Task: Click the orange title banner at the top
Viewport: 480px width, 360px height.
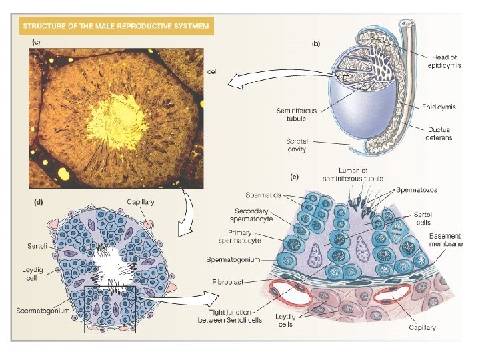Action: point(116,27)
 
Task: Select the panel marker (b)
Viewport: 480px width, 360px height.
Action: point(316,44)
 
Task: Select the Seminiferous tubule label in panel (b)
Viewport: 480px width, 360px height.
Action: point(292,114)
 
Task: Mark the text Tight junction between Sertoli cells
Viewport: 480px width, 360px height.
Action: point(230,316)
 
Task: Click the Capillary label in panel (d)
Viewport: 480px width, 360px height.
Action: point(142,201)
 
